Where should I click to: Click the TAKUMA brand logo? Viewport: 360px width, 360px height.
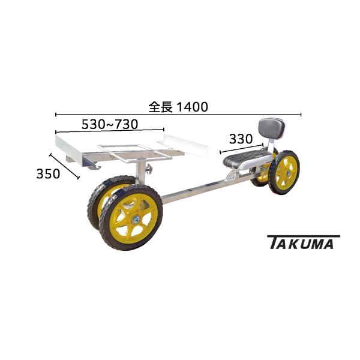pos(302,242)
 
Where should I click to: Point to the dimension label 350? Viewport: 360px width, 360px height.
pos(48,174)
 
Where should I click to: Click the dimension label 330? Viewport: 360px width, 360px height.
pos(240,138)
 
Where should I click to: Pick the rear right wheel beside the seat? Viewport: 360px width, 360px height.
pos(284,172)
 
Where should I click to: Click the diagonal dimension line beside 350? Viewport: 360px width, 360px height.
pos(64,166)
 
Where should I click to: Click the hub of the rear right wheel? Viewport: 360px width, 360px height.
pos(287,173)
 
